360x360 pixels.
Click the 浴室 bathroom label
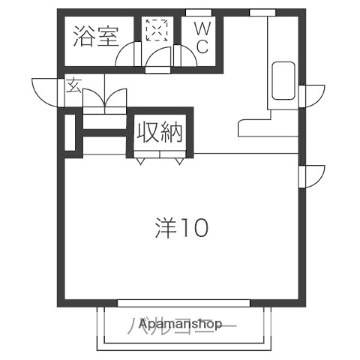(x=95, y=37)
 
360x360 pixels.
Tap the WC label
(x=202, y=37)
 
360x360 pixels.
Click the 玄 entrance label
(x=73, y=85)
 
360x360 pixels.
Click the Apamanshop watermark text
(x=179, y=325)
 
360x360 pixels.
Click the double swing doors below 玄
(x=103, y=100)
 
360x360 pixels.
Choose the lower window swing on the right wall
(x=310, y=175)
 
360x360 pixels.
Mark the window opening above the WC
(x=198, y=12)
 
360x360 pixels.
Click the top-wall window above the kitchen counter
(x=261, y=12)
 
